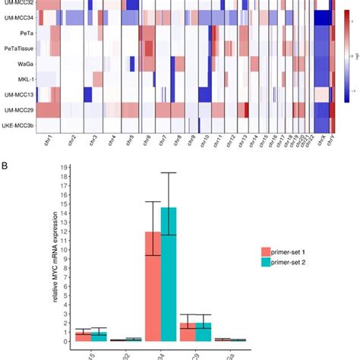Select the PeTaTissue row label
[17, 49]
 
